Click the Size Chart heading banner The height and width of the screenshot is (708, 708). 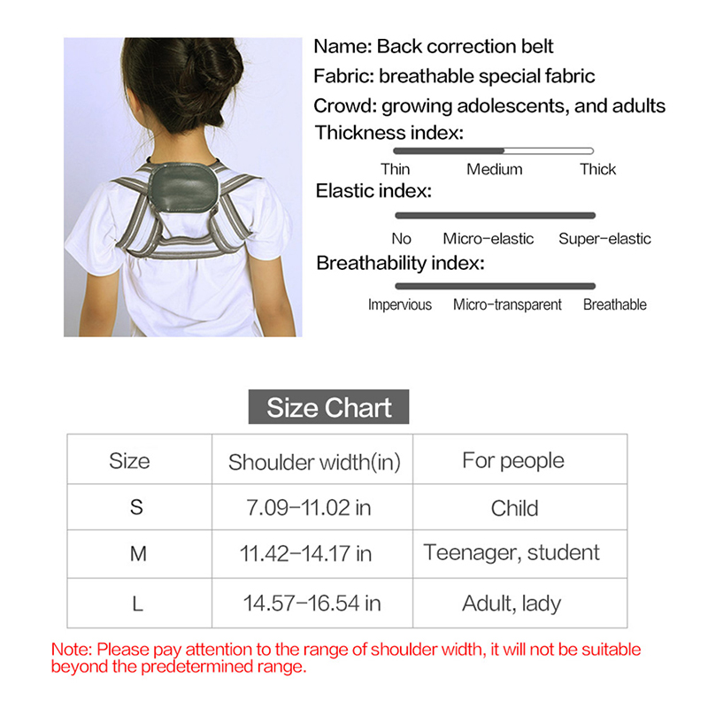329,408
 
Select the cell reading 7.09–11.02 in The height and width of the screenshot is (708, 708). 308,508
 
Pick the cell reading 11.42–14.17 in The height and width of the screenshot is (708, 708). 306,555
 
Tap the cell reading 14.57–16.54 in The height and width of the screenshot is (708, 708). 312,604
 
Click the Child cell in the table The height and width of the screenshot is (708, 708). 514,508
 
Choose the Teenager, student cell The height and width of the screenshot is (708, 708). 512,553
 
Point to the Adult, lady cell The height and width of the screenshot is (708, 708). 512,604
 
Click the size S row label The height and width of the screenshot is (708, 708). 135,508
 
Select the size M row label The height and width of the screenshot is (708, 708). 135,555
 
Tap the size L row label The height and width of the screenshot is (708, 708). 136,604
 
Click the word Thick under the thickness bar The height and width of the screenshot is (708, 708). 597,169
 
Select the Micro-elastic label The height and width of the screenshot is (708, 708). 489,239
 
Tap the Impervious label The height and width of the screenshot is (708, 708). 400,304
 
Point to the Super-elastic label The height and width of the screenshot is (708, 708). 604,239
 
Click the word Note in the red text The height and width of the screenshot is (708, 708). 71,650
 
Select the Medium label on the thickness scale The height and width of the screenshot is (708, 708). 495,169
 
